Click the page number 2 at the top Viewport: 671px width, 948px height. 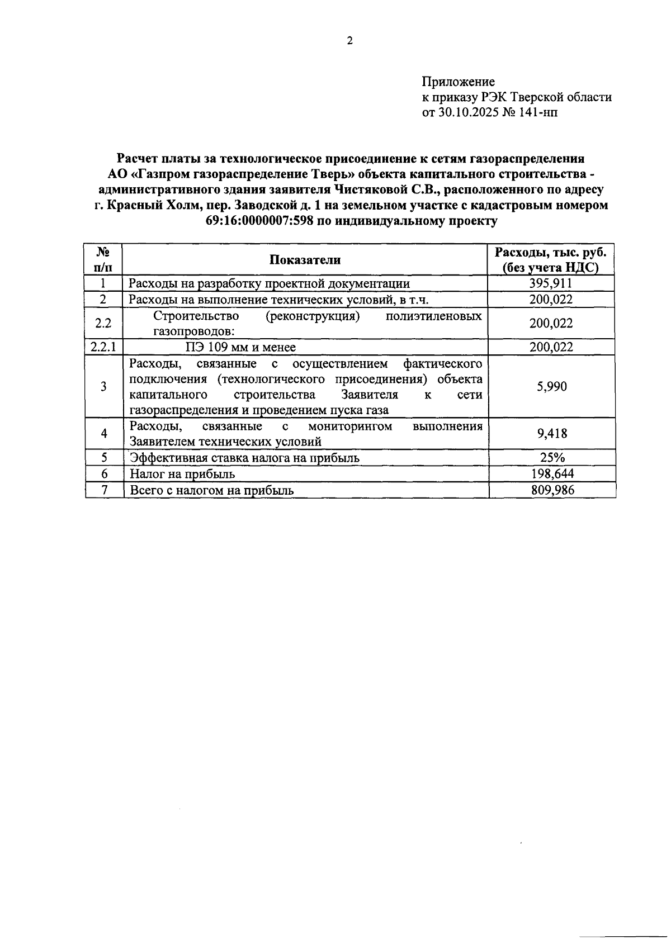point(349,40)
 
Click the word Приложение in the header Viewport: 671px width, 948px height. point(459,82)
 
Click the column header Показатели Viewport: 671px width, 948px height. point(305,259)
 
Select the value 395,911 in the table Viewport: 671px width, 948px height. point(551,283)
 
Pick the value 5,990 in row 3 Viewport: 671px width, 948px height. point(551,386)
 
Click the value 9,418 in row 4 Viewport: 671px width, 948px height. point(551,434)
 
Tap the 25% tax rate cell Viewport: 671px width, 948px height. point(552,457)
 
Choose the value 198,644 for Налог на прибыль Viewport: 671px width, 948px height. point(552,474)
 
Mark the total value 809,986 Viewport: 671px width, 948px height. point(552,490)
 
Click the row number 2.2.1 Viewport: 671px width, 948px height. point(103,347)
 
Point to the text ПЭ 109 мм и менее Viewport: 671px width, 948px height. point(240,347)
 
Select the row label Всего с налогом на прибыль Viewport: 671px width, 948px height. point(212,491)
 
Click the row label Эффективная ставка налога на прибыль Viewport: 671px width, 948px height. point(244,458)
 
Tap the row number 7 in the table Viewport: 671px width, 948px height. point(104,490)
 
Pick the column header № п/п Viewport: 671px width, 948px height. point(103,259)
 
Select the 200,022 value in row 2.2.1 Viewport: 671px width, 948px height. point(551,347)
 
